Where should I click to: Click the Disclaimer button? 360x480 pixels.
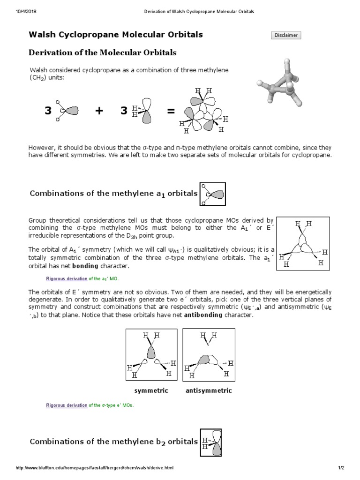[285, 35]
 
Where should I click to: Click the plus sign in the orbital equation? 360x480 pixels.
[99, 111]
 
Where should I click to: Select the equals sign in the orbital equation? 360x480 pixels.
[170, 111]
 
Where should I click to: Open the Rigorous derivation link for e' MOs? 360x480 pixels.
[66, 405]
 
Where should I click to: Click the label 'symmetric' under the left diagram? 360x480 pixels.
[151, 390]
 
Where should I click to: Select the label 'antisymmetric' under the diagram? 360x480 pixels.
[209, 390]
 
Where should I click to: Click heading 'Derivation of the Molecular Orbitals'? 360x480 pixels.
[103, 52]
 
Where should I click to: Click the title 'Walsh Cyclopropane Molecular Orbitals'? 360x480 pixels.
[116, 35]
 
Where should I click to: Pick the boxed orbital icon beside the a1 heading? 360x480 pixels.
[212, 194]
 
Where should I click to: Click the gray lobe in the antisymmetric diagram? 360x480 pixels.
[203, 360]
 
